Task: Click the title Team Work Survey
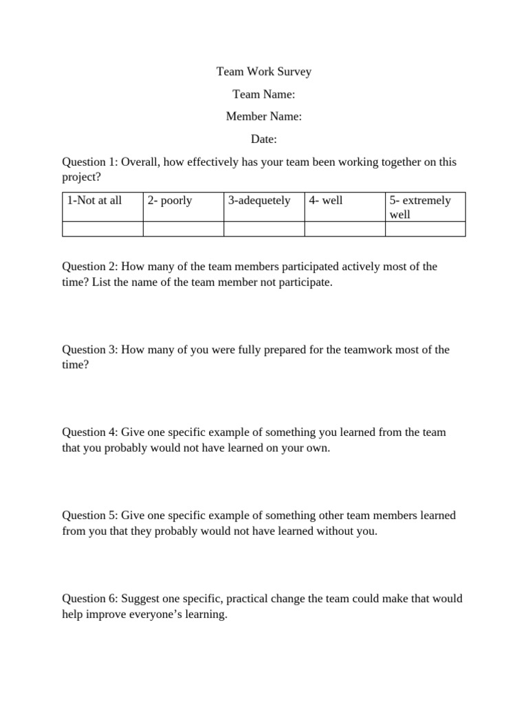coord(264,71)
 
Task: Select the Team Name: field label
coord(264,94)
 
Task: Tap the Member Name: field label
coord(264,117)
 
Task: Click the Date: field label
coord(264,140)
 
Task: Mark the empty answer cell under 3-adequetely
coord(264,229)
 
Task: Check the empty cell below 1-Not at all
coord(102,229)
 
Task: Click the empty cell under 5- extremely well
coord(425,229)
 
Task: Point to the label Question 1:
coord(90,162)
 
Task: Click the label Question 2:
coord(90,267)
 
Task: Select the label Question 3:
coord(90,350)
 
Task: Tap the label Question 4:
coord(90,432)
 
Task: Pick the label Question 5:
coord(90,516)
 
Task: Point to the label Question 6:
coord(90,599)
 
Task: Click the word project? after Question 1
coord(81,177)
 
